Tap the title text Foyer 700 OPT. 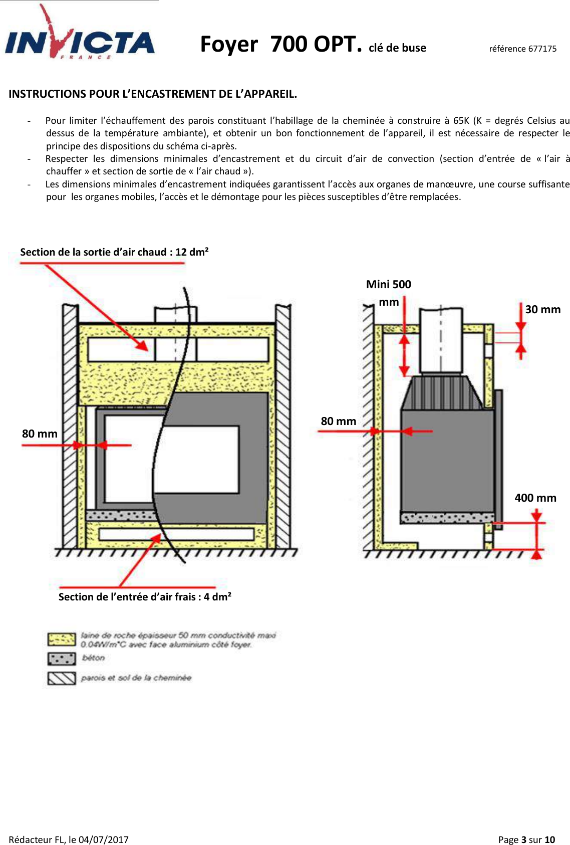tap(280, 44)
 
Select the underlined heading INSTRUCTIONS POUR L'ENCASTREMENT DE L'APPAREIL tap(153, 94)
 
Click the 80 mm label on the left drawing tap(40, 434)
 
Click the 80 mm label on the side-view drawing tap(338, 421)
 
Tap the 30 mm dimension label tap(542, 309)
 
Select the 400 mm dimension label tap(535, 498)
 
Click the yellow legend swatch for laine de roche tap(61, 640)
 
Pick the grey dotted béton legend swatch tap(61, 658)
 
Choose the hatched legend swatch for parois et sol tap(61, 678)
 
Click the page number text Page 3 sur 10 tap(526, 839)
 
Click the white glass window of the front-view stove tap(195, 459)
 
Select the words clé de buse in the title tap(397, 48)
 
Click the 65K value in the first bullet tap(461, 120)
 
